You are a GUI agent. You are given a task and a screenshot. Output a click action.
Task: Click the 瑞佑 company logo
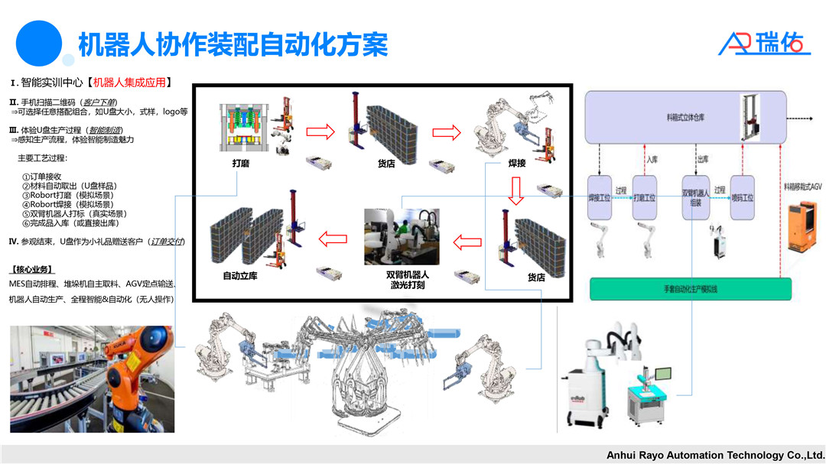[x=764, y=43]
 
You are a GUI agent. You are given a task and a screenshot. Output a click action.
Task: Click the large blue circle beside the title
[x=39, y=43]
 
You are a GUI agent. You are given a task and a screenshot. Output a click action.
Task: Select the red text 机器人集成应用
[x=128, y=83]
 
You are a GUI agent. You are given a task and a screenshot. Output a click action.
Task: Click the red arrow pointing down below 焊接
[x=516, y=190]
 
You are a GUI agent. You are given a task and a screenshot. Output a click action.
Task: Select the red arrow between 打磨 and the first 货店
[x=320, y=132]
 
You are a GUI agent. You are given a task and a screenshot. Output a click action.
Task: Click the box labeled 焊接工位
[x=599, y=198]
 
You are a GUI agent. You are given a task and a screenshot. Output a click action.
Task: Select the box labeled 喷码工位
[x=742, y=198]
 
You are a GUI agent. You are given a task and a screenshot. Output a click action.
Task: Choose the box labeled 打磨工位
[x=644, y=198]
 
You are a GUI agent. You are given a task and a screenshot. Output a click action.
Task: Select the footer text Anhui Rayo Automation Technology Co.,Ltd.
[x=714, y=455]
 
